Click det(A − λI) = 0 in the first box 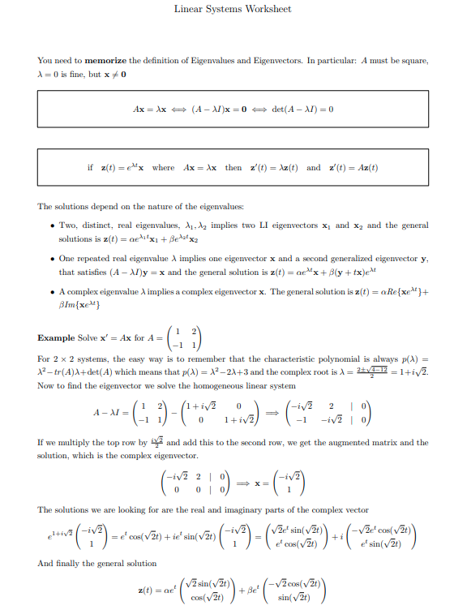pos(302,107)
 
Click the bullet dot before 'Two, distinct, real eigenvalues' pos(51,225)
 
